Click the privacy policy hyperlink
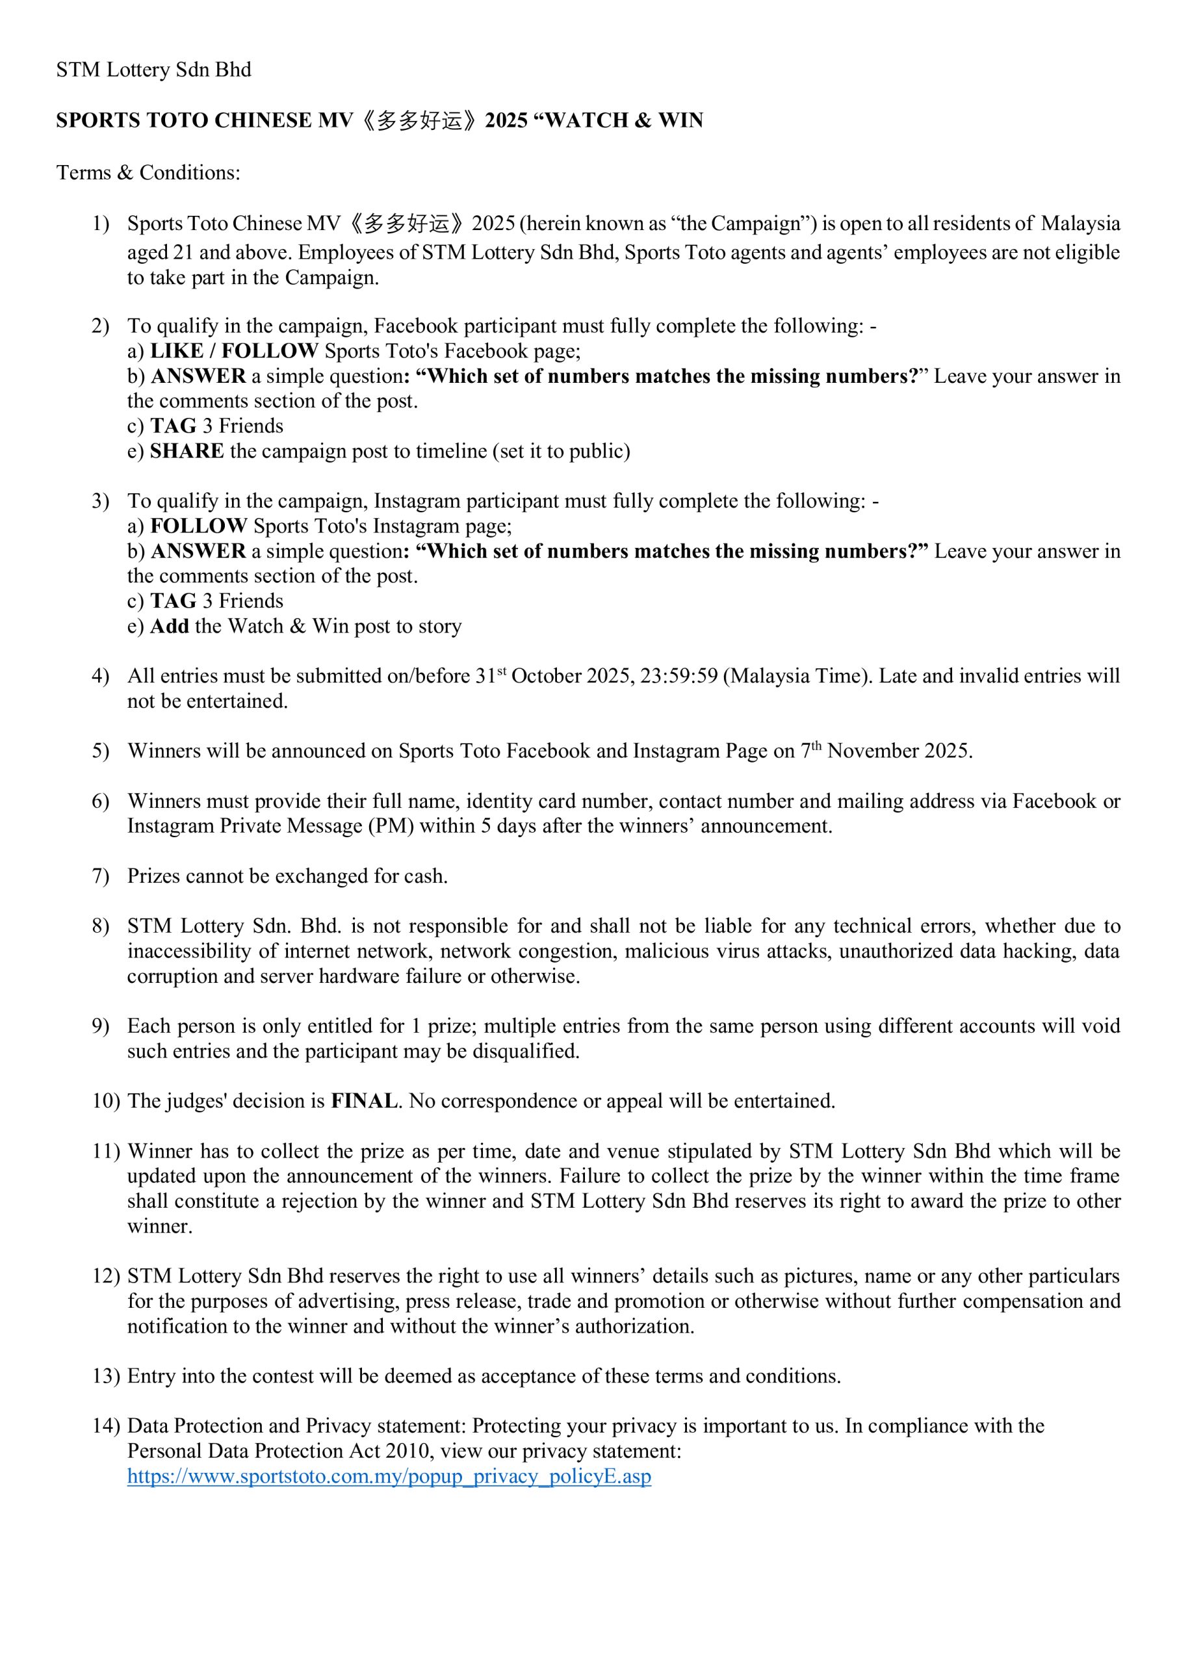pos(389,1476)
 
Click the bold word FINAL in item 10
pos(365,1101)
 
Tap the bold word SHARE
pos(187,451)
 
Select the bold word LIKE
pos(177,351)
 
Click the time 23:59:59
pos(679,675)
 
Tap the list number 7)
pos(100,876)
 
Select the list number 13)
pos(106,1376)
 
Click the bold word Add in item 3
pos(170,626)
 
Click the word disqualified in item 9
pos(525,1051)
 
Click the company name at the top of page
pos(153,70)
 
